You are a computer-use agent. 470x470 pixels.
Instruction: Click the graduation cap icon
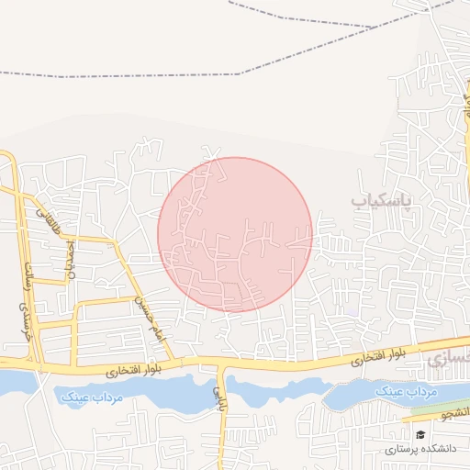(420, 435)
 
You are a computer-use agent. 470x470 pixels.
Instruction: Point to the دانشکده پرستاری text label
(417, 450)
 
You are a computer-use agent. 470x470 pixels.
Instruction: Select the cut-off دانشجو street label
(455, 414)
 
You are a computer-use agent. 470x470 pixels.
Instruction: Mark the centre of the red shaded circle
(235, 234)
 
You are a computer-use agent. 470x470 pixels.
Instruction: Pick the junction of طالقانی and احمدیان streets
(66, 237)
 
